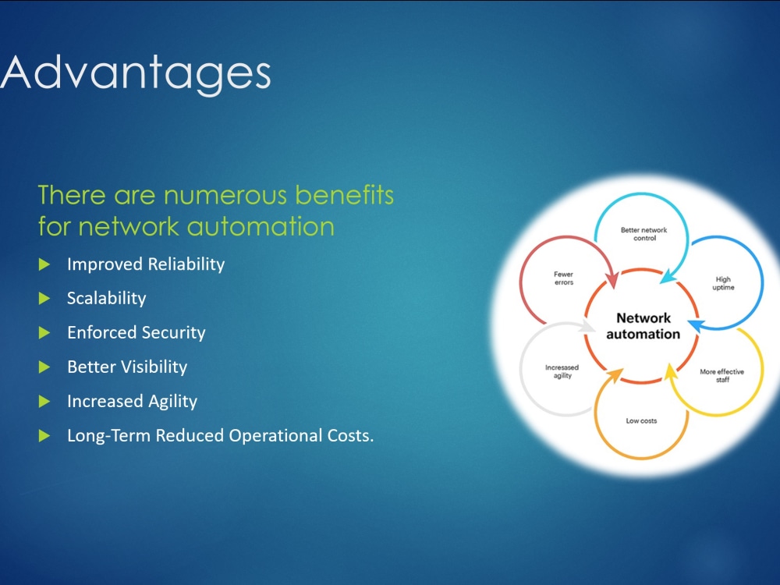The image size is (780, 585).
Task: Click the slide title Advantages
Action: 135,73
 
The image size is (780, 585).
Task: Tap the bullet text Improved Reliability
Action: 146,264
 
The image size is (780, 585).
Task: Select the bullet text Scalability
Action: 106,298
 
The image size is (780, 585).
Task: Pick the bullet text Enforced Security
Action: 136,332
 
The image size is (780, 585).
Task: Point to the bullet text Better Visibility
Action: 127,367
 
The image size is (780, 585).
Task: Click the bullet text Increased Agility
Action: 133,401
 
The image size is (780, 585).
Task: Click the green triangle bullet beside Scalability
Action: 44,299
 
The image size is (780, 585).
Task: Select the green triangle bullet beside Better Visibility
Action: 44,367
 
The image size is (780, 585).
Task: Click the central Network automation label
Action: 643,326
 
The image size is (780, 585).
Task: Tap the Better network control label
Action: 644,234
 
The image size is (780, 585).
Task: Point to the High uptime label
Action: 723,283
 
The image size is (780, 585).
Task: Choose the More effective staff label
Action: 721,376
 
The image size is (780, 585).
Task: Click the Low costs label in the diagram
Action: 641,421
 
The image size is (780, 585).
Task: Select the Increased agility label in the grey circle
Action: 562,371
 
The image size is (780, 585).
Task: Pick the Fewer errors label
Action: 564,278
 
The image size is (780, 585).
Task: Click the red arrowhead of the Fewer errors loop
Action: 612,279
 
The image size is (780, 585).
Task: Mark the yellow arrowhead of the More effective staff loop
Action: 671,371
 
